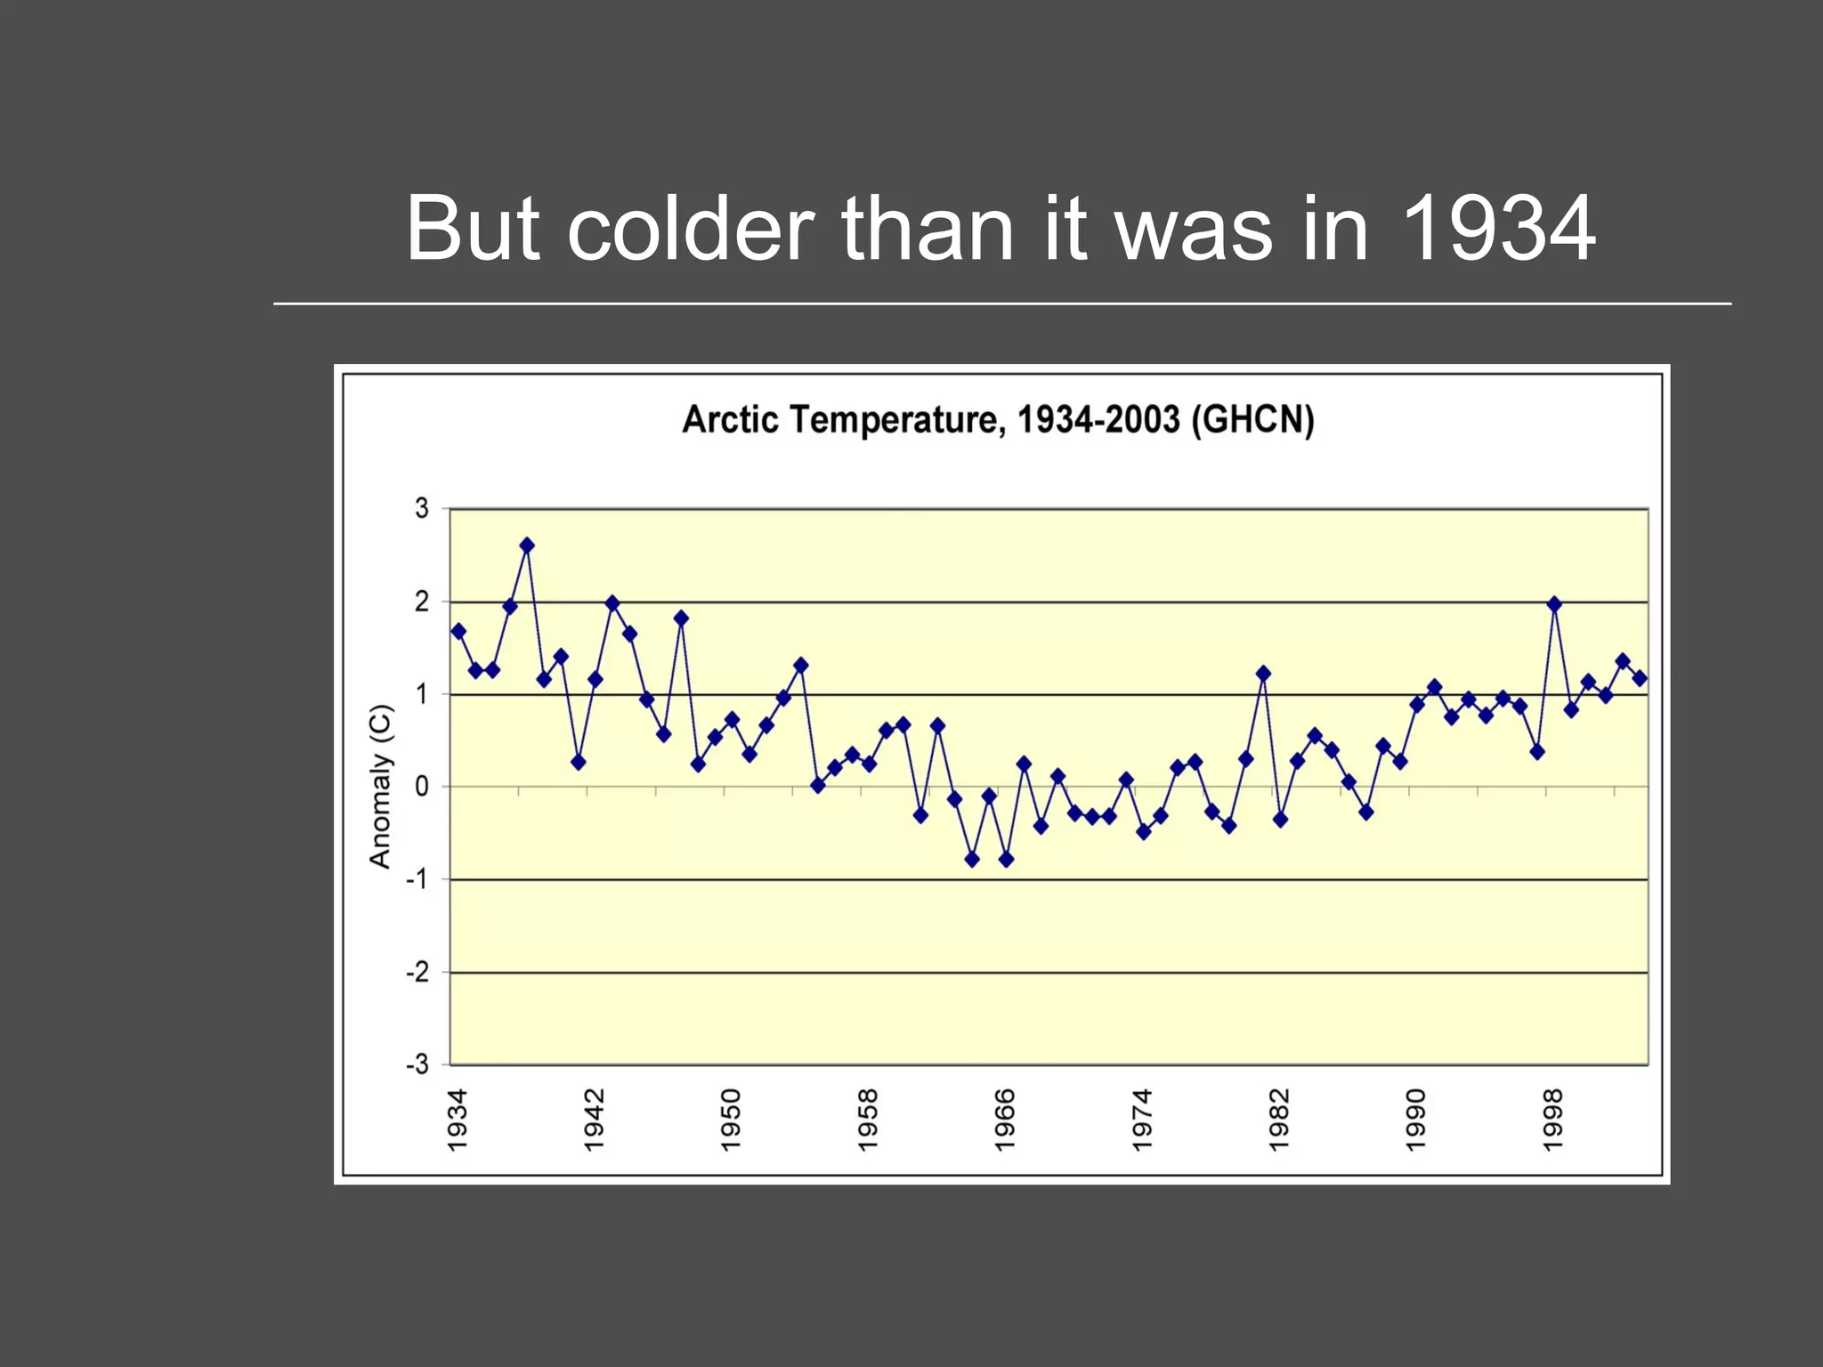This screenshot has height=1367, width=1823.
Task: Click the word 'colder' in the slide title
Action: coord(690,230)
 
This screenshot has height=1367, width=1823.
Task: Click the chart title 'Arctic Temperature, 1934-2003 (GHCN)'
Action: coord(998,419)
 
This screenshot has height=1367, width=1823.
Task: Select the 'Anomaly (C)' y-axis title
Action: coord(381,786)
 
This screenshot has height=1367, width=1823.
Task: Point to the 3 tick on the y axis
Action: coord(422,509)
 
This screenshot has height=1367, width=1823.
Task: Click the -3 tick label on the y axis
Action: coord(417,1064)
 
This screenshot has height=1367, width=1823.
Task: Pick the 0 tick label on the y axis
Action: coord(422,787)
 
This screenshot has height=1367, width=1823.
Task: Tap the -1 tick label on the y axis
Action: coord(417,879)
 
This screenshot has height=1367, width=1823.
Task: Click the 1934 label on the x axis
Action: coord(458,1120)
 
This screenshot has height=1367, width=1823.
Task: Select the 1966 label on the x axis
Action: coord(1005,1120)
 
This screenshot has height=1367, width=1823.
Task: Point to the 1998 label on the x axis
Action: coord(1553,1120)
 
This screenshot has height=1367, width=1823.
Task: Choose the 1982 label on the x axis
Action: coord(1279,1120)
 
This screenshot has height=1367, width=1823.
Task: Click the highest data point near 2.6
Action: coord(527,546)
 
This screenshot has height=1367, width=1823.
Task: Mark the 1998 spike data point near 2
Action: coord(1554,604)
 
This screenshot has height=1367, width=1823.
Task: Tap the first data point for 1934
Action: coord(458,631)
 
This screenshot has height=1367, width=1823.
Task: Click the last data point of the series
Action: coord(1640,678)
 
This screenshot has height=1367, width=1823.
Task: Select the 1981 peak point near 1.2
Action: coord(1263,674)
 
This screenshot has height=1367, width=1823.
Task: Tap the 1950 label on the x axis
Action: coord(731,1120)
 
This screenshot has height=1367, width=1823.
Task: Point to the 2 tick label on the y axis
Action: coord(422,602)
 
